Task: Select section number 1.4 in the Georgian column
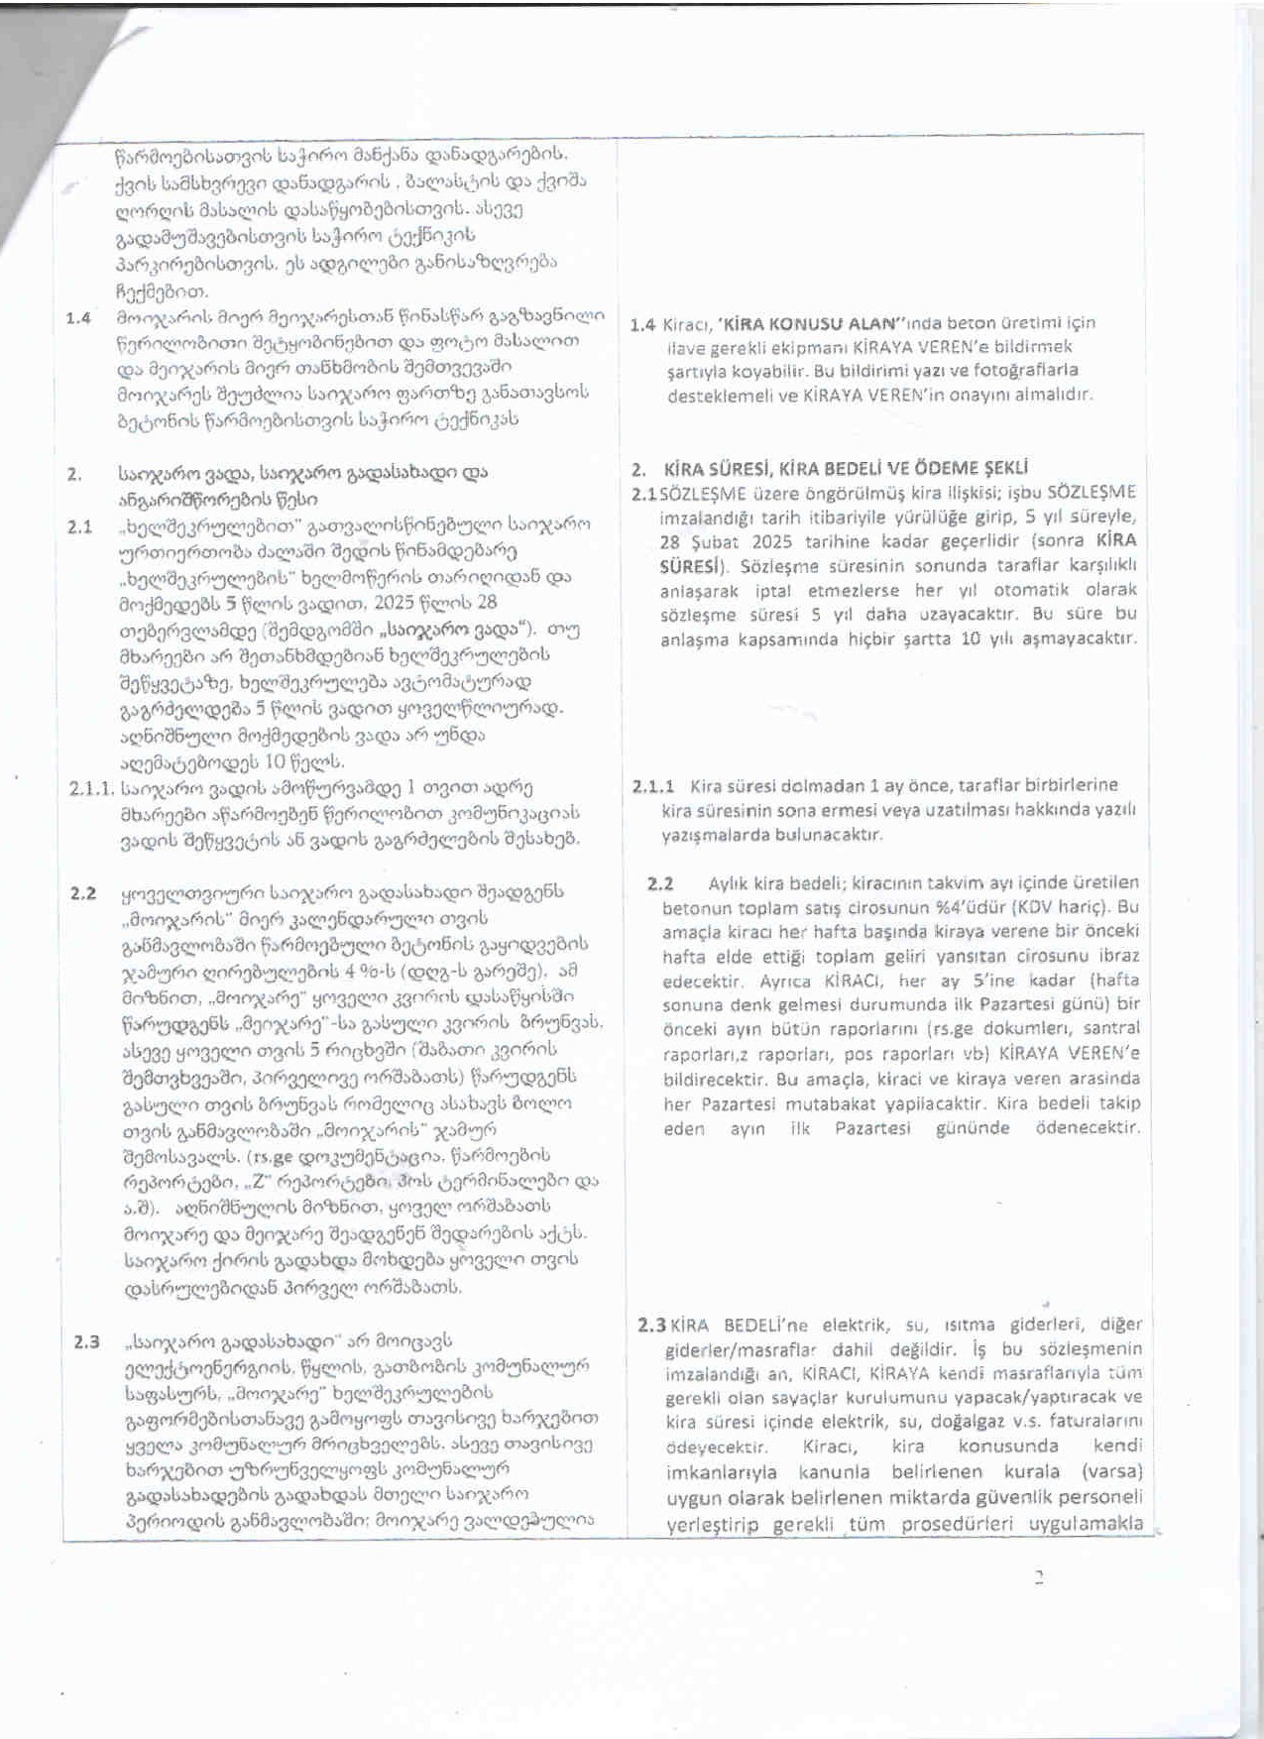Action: click(x=78, y=318)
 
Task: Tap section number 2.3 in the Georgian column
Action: click(x=86, y=1342)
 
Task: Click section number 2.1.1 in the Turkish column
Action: click(x=653, y=786)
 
